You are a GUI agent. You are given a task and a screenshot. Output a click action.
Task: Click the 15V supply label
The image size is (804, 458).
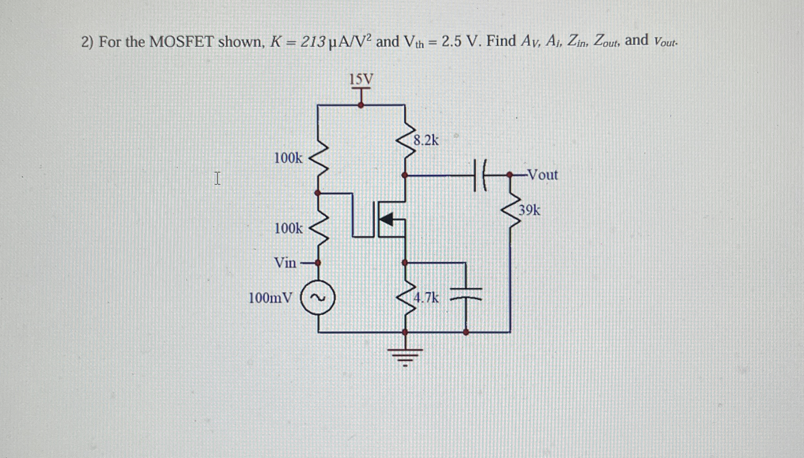pos(361,80)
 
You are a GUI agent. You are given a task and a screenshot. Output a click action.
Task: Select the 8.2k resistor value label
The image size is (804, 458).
pos(426,140)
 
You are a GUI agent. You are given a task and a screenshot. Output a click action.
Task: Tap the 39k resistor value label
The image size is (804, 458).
pos(529,210)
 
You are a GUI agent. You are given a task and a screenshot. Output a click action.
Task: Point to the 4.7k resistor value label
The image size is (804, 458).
pos(426,298)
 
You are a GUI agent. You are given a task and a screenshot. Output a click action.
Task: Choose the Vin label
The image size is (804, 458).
pos(285,263)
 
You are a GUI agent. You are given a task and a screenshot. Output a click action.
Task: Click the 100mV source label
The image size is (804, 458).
pos(271,298)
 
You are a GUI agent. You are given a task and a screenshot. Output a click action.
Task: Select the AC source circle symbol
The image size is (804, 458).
pos(318,298)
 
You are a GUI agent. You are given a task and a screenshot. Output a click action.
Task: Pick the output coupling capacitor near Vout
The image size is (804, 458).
pos(480,175)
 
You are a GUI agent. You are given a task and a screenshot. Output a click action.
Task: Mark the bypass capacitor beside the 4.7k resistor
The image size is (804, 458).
pos(466,294)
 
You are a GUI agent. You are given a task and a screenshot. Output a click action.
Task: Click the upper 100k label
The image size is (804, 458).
pos(288,158)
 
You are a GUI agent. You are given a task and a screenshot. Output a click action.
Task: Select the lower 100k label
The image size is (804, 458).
pos(288,229)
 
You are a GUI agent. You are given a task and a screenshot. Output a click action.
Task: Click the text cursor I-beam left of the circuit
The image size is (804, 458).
pos(217,178)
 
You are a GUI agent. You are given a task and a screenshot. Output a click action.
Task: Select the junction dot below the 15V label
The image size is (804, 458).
pos(361,105)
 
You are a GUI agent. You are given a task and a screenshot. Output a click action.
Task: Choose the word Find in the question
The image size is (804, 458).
pos(501,41)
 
